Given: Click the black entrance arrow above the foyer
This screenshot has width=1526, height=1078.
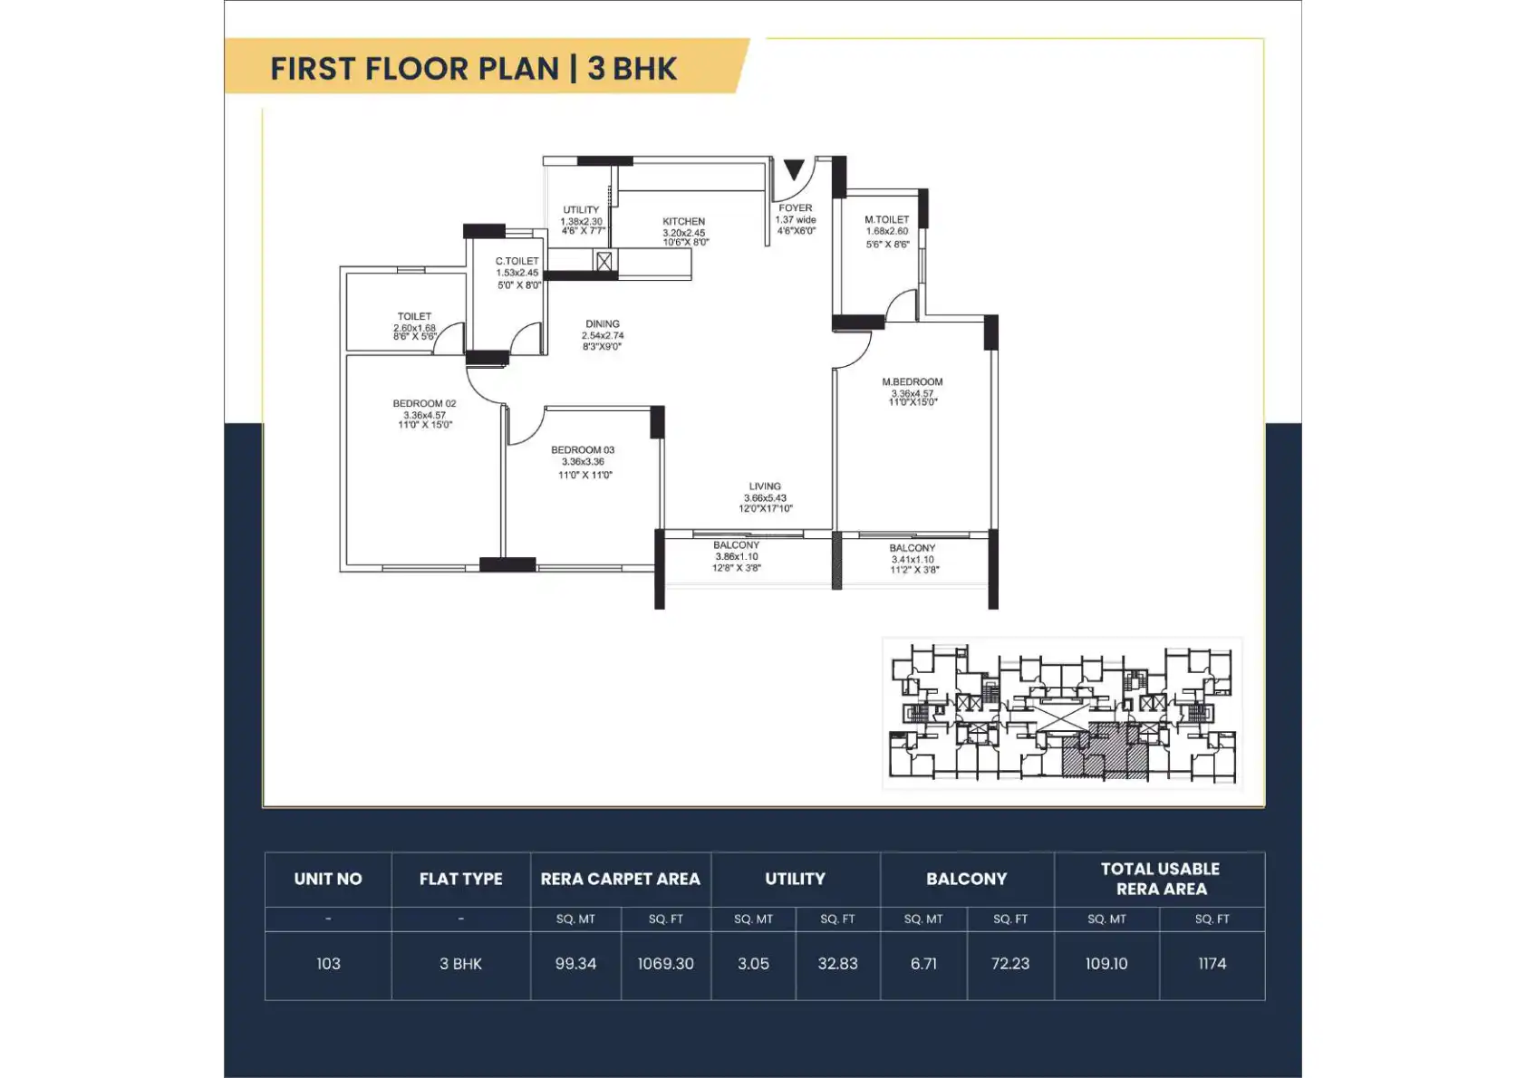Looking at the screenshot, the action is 794,169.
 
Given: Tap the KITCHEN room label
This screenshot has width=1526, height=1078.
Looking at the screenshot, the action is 684,221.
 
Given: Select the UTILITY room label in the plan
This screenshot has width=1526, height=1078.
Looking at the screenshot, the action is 581,210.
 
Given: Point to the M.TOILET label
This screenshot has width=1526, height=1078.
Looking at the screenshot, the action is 887,219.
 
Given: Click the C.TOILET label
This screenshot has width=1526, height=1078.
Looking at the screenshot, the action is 517,261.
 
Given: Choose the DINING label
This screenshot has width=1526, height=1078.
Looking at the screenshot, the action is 603,324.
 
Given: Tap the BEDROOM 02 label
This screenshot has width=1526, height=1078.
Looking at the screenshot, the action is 424,403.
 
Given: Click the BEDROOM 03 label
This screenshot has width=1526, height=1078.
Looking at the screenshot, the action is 583,449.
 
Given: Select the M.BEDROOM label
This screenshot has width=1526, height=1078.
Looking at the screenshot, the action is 913,382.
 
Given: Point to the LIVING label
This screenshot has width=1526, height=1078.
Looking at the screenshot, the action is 765,486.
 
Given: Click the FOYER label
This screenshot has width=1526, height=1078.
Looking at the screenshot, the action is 796,207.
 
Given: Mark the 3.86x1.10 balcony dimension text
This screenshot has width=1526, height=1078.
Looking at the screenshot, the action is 737,556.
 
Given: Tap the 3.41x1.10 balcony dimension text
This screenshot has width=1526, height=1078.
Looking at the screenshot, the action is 913,559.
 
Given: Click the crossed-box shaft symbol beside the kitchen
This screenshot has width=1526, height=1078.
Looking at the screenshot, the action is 604,261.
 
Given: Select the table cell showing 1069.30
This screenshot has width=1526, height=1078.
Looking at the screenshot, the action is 665,964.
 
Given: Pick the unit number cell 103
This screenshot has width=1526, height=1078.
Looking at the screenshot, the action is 328,964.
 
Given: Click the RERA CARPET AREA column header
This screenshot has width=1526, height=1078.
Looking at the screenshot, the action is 621,879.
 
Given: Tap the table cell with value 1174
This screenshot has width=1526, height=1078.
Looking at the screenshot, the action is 1212,964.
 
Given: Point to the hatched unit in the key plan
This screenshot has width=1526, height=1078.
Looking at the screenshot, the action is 1105,751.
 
